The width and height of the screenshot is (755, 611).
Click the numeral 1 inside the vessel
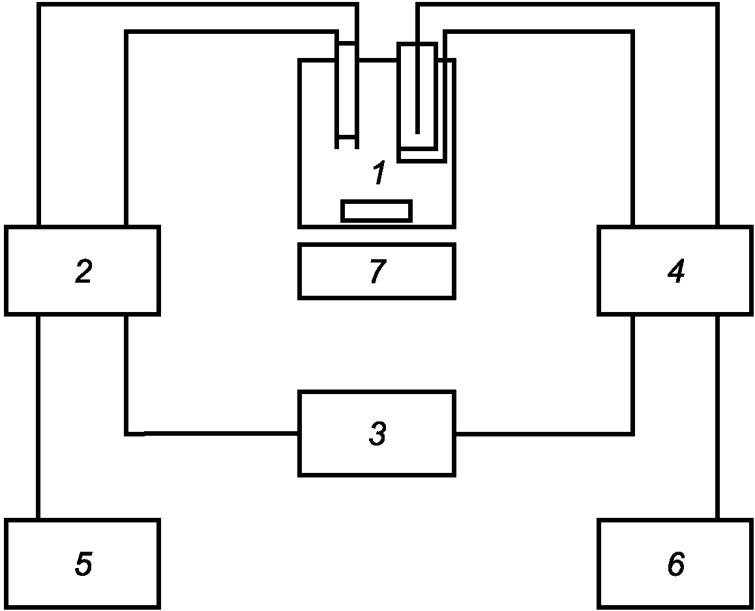coord(378,175)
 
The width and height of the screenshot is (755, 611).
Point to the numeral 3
coord(377,434)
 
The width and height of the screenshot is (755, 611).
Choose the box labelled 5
coord(82,563)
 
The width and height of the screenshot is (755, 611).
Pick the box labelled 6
coord(675,563)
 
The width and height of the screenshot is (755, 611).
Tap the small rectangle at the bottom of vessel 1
coord(376,211)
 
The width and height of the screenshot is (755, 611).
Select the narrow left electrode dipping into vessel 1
coord(346,98)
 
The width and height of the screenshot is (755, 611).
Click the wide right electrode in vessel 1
coord(407,98)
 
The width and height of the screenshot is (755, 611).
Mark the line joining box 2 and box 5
coord(39,417)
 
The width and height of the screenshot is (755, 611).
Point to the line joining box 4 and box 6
coord(717,417)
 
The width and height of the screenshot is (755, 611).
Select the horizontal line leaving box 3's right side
coord(541,433)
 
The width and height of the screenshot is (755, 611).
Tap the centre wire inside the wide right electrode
coord(418,98)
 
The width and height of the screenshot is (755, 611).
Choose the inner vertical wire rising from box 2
coord(126,130)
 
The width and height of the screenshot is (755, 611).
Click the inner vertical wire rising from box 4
coord(632,130)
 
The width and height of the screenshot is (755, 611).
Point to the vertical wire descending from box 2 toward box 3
coord(126,375)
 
